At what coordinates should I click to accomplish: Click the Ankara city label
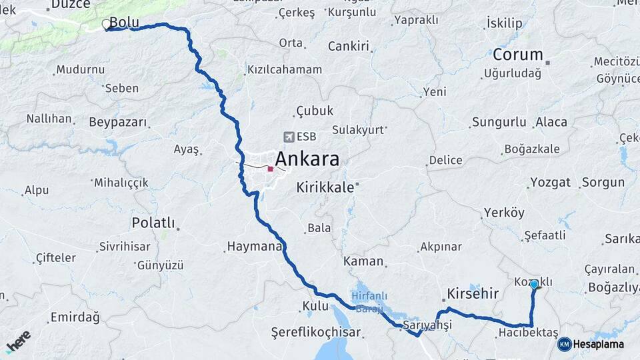coord(307,159)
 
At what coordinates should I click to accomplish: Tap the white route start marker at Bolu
coord(106,25)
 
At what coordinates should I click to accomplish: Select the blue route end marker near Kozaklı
coord(534,284)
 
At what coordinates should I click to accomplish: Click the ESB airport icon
coord(288,137)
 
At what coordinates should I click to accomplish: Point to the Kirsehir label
coord(473,294)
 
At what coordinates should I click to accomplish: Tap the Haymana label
coord(255,247)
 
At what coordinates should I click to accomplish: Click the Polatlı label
coord(153,223)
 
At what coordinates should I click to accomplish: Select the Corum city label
coord(518,55)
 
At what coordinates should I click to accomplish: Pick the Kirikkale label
coord(325,188)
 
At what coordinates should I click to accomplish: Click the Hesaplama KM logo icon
coord(565,344)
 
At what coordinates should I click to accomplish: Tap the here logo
coord(18,341)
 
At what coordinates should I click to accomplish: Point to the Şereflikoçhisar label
coord(315,332)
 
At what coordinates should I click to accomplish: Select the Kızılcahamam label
coord(285,69)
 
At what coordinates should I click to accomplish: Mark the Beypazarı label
coord(118,123)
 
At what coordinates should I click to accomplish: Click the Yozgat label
coord(550,182)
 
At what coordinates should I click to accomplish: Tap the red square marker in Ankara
coord(270,169)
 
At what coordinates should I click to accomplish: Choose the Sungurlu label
coord(499,122)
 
